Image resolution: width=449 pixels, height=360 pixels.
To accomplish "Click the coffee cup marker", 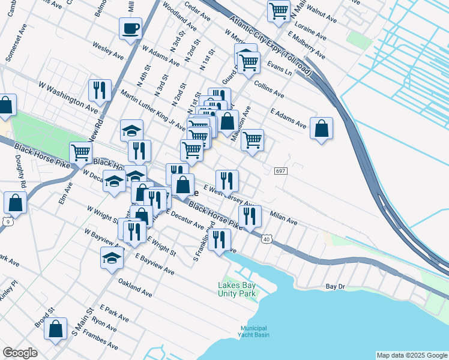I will pos(130,28).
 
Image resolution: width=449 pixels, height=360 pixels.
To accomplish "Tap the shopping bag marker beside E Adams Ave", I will pos(322,128).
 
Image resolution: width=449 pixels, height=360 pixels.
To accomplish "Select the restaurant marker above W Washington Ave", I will pos(97,91).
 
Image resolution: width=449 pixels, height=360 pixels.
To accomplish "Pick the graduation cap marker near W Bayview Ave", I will pos(112,258).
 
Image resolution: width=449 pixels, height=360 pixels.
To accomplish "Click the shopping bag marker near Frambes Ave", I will pos(55,329).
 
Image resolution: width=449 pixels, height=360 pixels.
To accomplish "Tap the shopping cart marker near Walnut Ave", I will pos(279,11).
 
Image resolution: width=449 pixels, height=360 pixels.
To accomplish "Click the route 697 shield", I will pos(282,171).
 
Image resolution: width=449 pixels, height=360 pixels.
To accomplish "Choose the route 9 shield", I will pos(6,221).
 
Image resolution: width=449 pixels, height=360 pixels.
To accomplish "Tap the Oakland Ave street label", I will pos(135,287).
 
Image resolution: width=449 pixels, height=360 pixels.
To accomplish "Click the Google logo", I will pos(20,353).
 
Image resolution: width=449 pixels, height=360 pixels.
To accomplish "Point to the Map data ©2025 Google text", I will pos(412,355).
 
